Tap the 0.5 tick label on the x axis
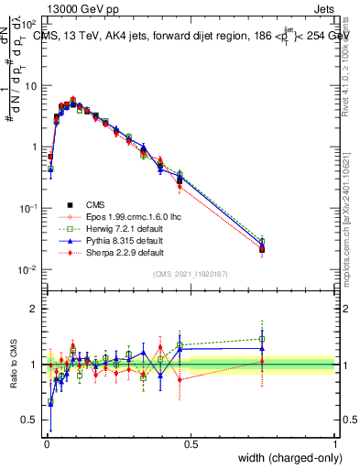pos(191,444)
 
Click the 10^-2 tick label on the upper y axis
pos(27,269)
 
